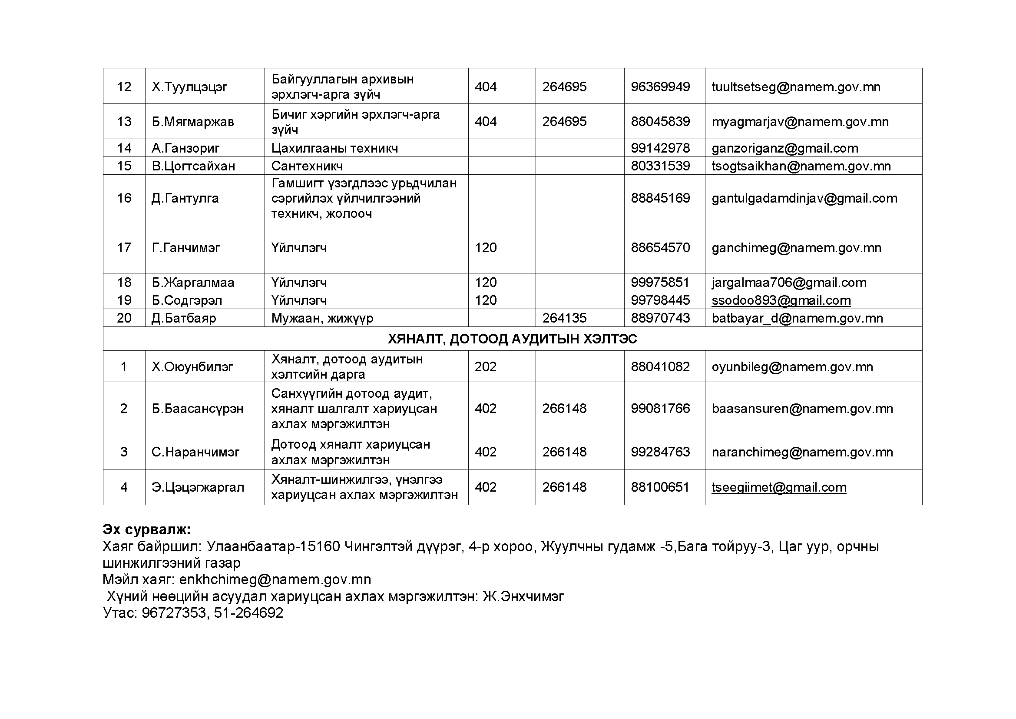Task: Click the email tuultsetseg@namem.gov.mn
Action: pos(796,87)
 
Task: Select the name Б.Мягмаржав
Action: pos(192,122)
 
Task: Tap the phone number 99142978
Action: pos(660,148)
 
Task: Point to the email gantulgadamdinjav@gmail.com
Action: pos(804,198)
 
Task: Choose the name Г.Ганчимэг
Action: pos(185,247)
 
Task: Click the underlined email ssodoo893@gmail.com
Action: pos(781,301)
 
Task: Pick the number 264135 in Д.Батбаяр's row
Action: pos(564,318)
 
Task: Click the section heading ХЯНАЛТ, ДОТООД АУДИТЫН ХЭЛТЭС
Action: pos(512,339)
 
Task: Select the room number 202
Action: pos(486,367)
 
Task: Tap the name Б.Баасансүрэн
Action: pos(197,408)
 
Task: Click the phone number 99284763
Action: pos(660,452)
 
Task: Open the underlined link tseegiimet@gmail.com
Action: pos(779,487)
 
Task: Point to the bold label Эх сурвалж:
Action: pos(146,529)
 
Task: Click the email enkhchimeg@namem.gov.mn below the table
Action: pos(275,579)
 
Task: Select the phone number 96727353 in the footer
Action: pos(173,613)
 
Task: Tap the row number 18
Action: pos(124,283)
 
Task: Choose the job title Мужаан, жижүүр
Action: pos(322,318)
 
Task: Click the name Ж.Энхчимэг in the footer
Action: pos(523,596)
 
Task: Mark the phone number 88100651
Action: pos(660,487)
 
